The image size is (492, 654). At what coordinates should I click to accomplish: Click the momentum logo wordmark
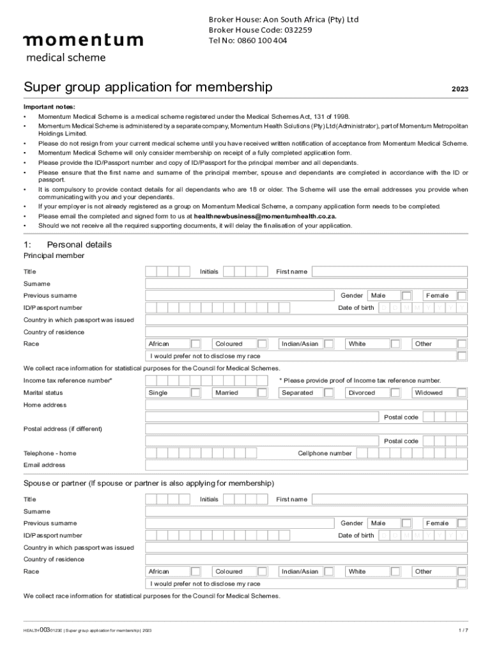83,40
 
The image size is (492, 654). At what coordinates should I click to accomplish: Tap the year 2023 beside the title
459,89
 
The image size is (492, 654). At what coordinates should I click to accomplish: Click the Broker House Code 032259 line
260,30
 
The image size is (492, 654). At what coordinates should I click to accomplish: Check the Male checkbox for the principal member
406,296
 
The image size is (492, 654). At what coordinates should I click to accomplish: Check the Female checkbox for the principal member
462,296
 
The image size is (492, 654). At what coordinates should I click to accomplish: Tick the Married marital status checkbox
262,393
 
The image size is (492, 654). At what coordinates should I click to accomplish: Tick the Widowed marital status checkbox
462,393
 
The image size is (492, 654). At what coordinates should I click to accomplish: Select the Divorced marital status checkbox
396,393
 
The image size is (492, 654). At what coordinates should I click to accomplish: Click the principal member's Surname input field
306,284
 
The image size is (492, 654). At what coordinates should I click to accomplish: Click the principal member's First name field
389,271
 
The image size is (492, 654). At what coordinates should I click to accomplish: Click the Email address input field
306,465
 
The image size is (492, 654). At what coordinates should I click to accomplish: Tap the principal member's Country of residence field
306,332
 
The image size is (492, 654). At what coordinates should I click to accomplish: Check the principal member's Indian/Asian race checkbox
328,344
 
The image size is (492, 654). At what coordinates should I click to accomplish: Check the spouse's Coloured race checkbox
262,572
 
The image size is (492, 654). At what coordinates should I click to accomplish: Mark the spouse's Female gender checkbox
462,523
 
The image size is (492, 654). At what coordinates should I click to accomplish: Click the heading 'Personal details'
79,245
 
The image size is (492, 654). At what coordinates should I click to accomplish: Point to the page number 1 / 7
463,630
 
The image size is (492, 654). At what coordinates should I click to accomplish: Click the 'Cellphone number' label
325,453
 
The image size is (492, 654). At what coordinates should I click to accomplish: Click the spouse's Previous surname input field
240,523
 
